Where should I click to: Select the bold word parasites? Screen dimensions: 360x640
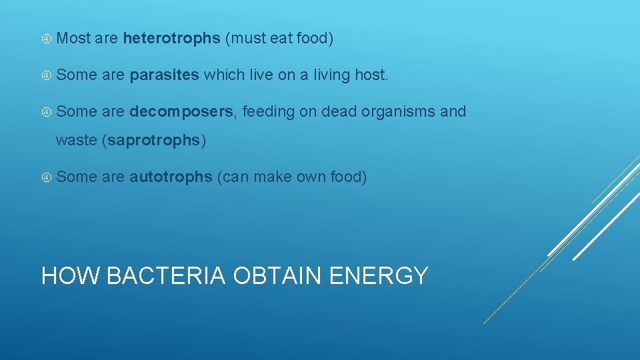coord(164,75)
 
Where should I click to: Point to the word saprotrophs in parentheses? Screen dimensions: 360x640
coord(153,141)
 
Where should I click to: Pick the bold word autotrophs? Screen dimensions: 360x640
coord(171,177)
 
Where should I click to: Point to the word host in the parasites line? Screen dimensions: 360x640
coord(371,75)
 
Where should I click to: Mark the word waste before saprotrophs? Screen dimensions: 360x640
coord(76,141)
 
